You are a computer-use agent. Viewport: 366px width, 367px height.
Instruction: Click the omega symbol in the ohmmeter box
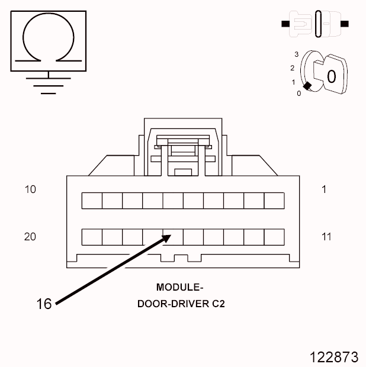point(48,41)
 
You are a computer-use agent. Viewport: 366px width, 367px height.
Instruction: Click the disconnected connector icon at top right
point(315,24)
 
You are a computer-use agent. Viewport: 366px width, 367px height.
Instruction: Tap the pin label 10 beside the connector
point(30,189)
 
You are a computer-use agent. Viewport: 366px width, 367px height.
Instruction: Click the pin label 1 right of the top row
point(324,189)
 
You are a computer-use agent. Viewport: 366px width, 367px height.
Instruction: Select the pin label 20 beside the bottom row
point(30,237)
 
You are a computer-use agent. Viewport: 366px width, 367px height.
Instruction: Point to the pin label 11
point(326,237)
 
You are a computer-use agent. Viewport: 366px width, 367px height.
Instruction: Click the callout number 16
point(44,304)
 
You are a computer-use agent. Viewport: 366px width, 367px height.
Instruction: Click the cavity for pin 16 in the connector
point(173,237)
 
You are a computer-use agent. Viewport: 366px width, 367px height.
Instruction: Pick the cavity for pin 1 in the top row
point(274,201)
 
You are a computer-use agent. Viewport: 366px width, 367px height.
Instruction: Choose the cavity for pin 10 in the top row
point(92,201)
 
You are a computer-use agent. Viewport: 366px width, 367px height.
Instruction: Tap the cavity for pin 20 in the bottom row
point(92,237)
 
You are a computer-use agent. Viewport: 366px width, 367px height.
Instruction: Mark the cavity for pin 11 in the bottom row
point(274,237)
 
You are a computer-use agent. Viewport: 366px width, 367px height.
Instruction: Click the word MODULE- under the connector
point(179,288)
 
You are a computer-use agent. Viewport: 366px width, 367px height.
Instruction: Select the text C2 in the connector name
point(218,304)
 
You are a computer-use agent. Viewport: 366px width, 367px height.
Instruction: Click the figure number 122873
point(334,357)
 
